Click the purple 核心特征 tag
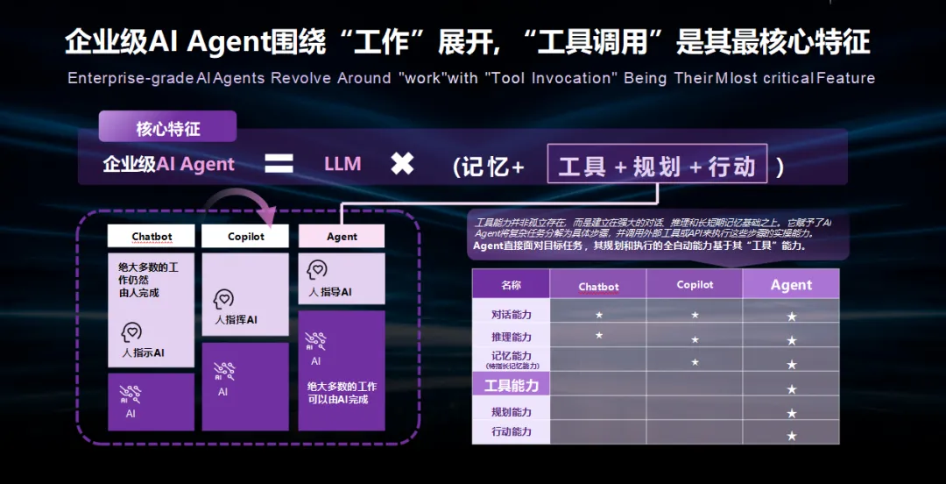[x=168, y=128]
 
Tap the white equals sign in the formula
[x=279, y=163]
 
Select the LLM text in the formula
[x=342, y=163]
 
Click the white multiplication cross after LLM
[x=402, y=163]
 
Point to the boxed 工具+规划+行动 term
[x=657, y=164]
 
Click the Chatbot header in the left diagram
[x=152, y=237]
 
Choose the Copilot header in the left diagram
[x=245, y=237]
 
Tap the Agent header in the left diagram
[x=342, y=237]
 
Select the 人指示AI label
[x=144, y=352]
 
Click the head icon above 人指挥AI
[x=223, y=299]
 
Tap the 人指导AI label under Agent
[x=330, y=291]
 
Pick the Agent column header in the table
[x=791, y=285]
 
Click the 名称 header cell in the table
[x=511, y=285]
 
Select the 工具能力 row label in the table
[x=512, y=385]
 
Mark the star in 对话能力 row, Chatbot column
[x=599, y=314]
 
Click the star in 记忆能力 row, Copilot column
[x=695, y=361]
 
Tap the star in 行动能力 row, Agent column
[x=792, y=435]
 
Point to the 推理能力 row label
[x=512, y=337]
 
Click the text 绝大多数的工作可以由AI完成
[x=342, y=393]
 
